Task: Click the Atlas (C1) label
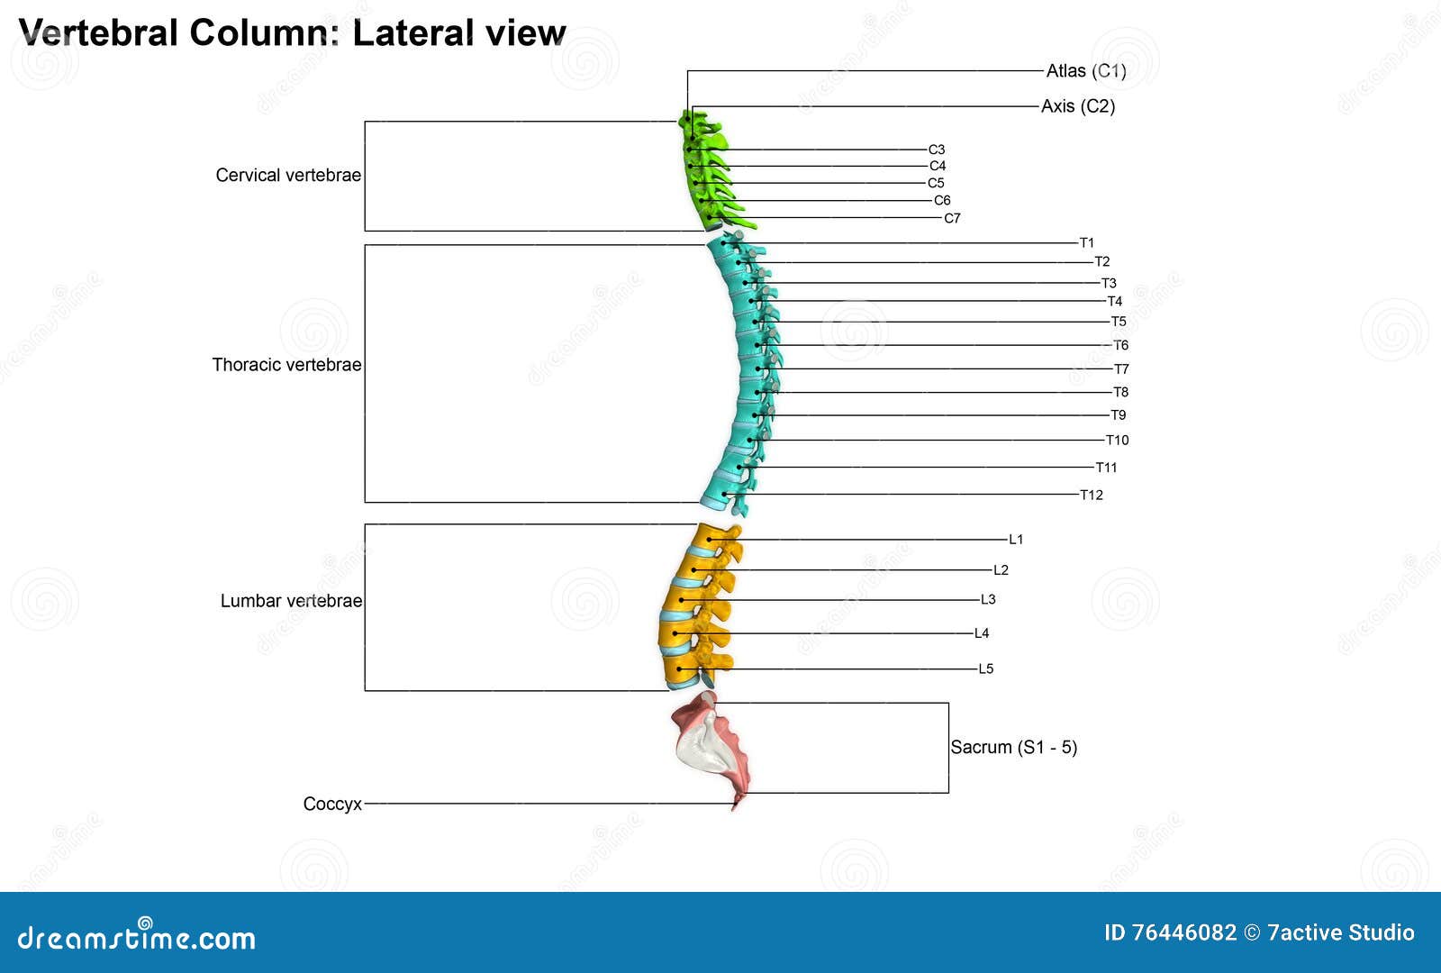(1085, 70)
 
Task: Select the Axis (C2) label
(1077, 106)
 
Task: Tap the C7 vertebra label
(952, 218)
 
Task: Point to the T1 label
(1086, 242)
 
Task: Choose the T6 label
(1120, 345)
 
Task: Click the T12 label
(1091, 495)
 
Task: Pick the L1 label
(1015, 540)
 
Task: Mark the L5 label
(985, 668)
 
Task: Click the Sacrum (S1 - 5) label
(1013, 747)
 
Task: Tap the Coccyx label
(331, 804)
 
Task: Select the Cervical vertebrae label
(288, 175)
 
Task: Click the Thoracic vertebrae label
(286, 364)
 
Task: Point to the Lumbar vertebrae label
(290, 600)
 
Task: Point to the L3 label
(987, 599)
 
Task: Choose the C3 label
(936, 150)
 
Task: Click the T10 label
(1117, 440)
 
